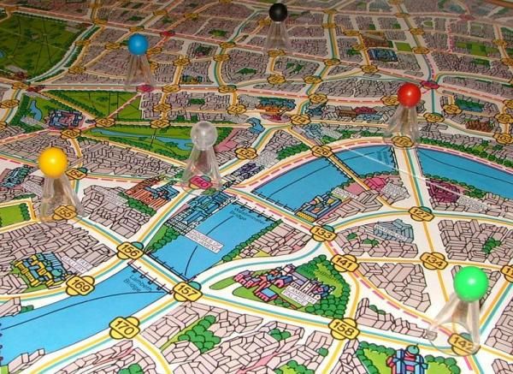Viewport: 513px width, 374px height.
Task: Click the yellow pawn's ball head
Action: (53, 160)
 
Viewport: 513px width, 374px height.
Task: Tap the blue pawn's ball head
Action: (138, 45)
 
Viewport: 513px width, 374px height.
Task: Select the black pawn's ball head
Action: (278, 12)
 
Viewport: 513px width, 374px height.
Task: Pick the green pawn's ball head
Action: (470, 282)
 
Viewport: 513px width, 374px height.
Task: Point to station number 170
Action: (126, 326)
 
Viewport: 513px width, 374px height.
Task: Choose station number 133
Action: (321, 232)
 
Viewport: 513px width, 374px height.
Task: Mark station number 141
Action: (344, 262)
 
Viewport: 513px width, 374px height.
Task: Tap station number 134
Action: (433, 260)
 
